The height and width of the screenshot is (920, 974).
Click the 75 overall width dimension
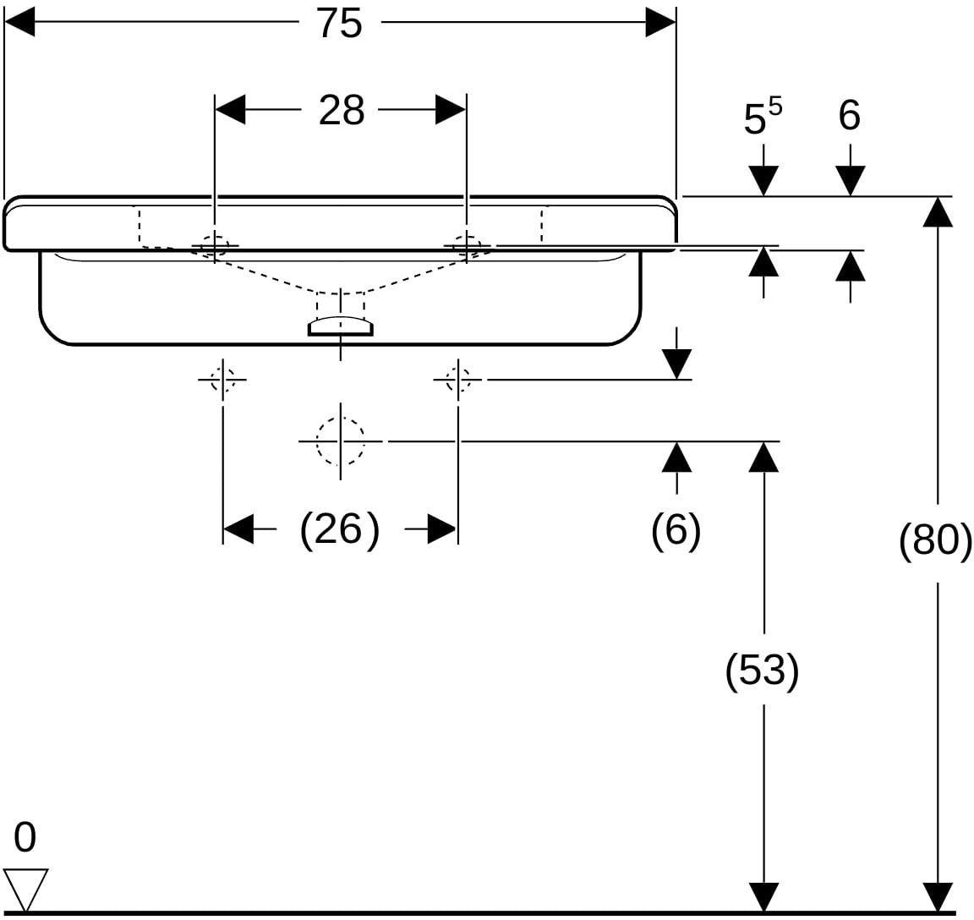pyautogui.click(x=340, y=24)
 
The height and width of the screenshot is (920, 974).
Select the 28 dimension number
pyautogui.click(x=341, y=111)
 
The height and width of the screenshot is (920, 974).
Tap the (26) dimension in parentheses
pyautogui.click(x=339, y=530)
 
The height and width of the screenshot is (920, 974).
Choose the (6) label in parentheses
pyautogui.click(x=676, y=530)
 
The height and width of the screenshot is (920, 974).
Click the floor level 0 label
pyautogui.click(x=25, y=836)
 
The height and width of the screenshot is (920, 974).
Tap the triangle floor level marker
pyautogui.click(x=26, y=890)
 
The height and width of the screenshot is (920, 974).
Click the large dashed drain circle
pyautogui.click(x=340, y=441)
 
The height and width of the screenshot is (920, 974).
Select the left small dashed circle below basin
pyautogui.click(x=222, y=379)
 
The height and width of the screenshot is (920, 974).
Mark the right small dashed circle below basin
pyautogui.click(x=457, y=379)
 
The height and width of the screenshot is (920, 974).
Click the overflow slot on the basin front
pyautogui.click(x=340, y=326)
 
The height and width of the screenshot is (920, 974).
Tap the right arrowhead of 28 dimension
pyautogui.click(x=451, y=110)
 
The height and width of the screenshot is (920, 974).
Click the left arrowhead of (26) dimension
pyautogui.click(x=238, y=529)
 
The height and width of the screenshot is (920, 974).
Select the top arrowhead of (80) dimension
pyautogui.click(x=938, y=212)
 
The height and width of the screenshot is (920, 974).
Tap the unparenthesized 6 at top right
pyautogui.click(x=849, y=115)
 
